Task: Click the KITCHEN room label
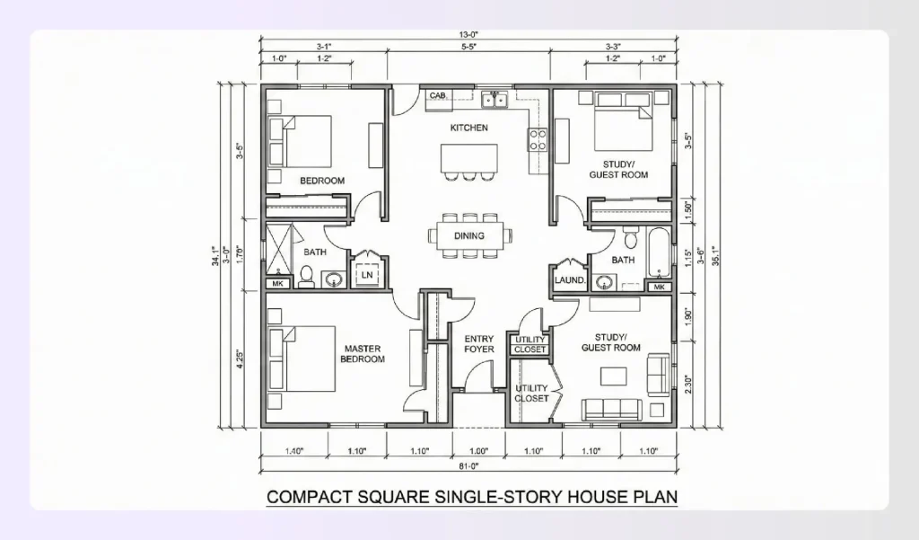click(468, 128)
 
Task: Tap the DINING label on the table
click(468, 236)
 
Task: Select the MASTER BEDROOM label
click(363, 354)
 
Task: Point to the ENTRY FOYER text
click(478, 344)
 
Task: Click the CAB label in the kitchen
click(437, 95)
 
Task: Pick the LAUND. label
click(569, 280)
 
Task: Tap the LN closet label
click(367, 276)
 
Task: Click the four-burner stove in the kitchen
click(538, 139)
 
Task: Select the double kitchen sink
click(494, 99)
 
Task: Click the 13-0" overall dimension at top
click(468, 35)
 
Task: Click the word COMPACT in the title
click(310, 496)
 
